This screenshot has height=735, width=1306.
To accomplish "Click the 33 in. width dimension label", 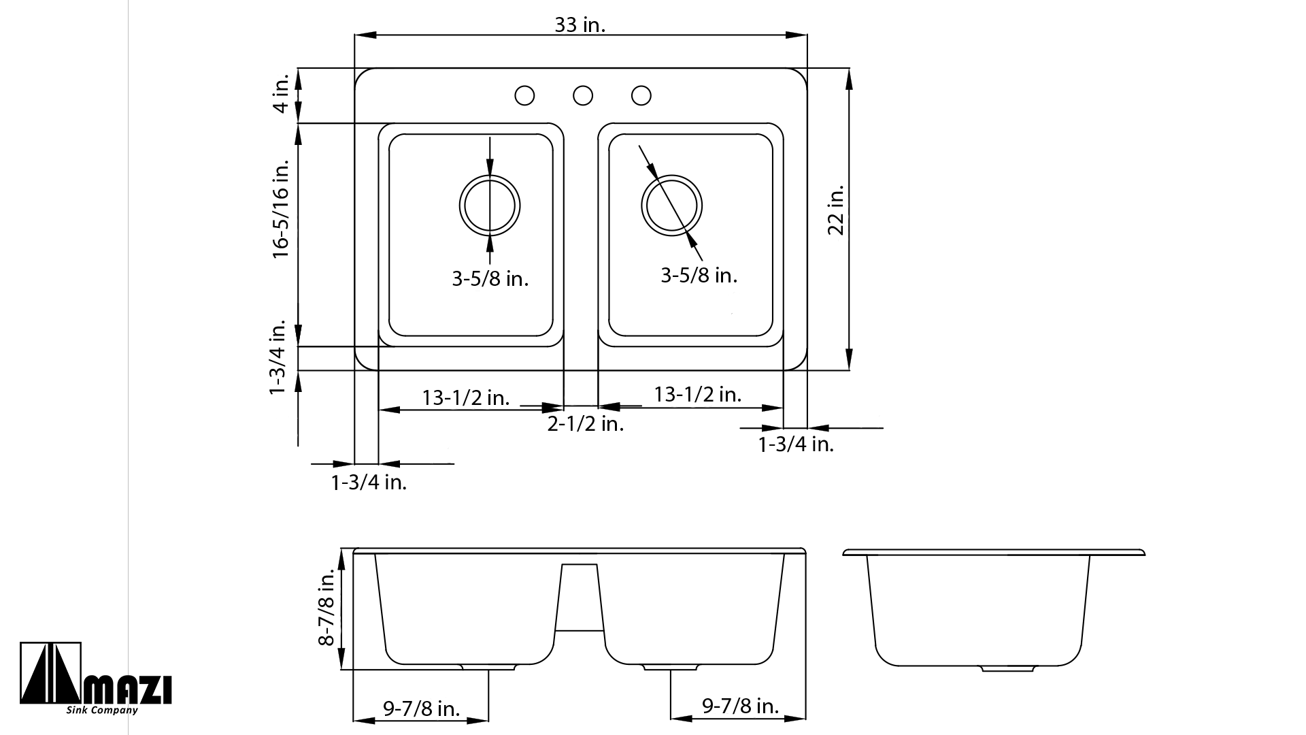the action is pyautogui.click(x=580, y=25).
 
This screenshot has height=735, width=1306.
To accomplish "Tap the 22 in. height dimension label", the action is pyautogui.click(x=836, y=210).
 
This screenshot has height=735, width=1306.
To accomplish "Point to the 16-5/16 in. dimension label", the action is pyautogui.click(x=281, y=209).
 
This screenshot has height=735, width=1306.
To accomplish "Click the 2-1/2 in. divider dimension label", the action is pyautogui.click(x=586, y=425).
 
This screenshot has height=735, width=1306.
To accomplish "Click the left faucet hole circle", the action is pyautogui.click(x=524, y=96).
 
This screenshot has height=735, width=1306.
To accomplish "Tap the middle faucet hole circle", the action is pyautogui.click(x=583, y=96).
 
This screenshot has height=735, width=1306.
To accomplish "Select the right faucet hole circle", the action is pyautogui.click(x=641, y=96).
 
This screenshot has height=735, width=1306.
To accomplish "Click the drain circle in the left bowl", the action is pyautogui.click(x=490, y=175).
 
